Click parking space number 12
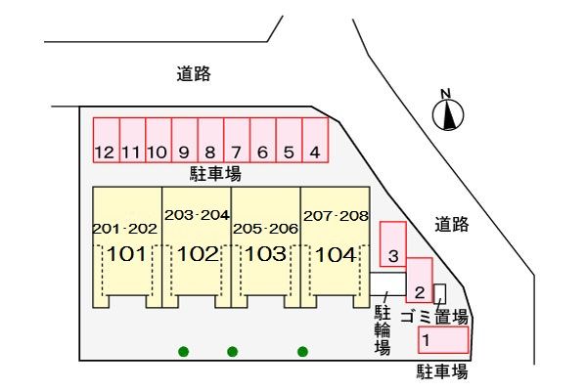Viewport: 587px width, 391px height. (x=106, y=141)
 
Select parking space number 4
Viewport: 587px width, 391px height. (x=314, y=141)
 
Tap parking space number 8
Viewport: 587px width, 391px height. (x=210, y=141)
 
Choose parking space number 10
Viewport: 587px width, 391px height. (x=158, y=141)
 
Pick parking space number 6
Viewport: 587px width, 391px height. (x=262, y=141)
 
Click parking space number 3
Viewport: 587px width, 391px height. (x=392, y=244)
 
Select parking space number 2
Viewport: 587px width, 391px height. (x=419, y=282)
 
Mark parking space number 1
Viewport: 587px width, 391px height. (x=443, y=340)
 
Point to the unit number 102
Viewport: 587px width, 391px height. (x=197, y=255)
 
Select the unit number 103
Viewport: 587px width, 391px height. (x=265, y=255)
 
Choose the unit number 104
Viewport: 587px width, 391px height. (x=335, y=255)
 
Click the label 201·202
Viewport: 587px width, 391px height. (x=124, y=229)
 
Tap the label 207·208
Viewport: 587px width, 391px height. (x=335, y=215)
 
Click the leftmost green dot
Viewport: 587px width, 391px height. (x=183, y=351)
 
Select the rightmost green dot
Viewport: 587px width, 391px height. (x=302, y=351)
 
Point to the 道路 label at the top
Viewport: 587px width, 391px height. (x=194, y=73)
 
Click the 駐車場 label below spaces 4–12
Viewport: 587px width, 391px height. (x=215, y=173)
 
